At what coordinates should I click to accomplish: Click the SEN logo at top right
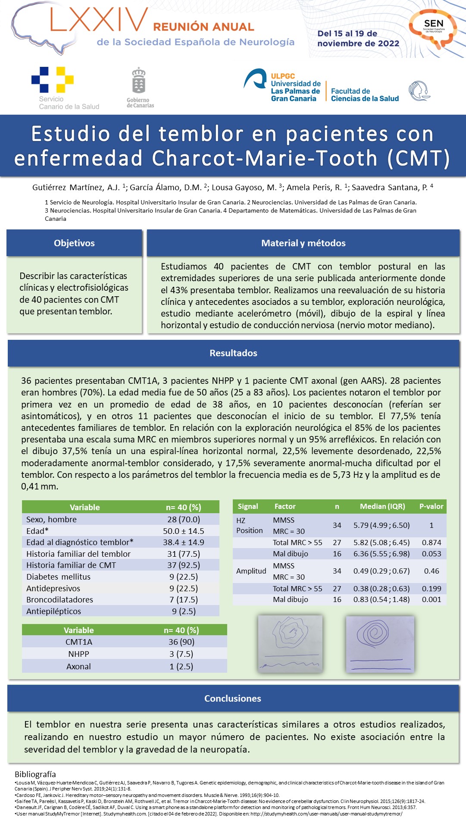click(433, 27)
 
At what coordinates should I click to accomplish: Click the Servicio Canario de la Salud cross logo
click(53, 80)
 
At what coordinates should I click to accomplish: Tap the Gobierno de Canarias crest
click(138, 81)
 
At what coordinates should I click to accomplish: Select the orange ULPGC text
click(283, 76)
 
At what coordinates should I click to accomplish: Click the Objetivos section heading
click(74, 243)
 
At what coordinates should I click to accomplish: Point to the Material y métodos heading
click(303, 243)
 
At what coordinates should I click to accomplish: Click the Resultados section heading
click(233, 353)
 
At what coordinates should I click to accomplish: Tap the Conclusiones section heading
click(233, 699)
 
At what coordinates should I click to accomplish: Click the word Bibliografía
click(35, 774)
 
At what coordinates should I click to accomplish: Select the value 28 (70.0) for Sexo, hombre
click(184, 520)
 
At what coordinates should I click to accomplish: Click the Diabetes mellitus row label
click(59, 577)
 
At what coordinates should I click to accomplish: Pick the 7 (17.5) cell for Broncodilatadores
click(184, 600)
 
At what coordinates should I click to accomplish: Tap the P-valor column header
click(431, 506)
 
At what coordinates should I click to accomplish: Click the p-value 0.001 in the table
click(431, 599)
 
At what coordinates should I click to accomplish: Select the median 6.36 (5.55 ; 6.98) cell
click(382, 554)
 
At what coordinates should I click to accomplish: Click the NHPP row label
click(78, 654)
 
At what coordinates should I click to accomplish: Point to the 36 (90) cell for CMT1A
click(181, 642)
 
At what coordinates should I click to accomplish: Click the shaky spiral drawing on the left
click(290, 643)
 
